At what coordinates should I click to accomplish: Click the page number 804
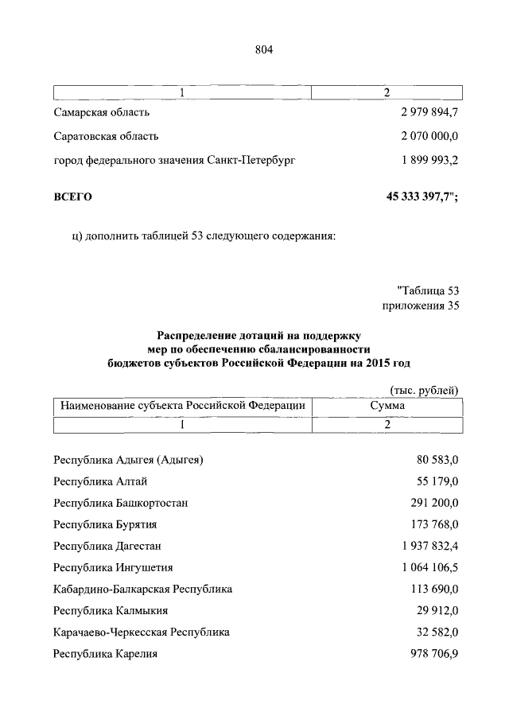tap(263, 50)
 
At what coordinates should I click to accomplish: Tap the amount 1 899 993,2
tap(429, 160)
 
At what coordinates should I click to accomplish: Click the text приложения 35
tap(421, 305)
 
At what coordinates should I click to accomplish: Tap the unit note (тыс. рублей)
tap(424, 389)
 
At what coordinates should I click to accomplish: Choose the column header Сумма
tap(387, 406)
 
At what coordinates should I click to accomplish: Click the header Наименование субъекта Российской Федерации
tap(183, 406)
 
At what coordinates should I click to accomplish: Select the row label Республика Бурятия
tap(105, 524)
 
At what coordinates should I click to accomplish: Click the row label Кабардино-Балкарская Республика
tap(143, 590)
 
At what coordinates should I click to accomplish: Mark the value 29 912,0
tap(436, 611)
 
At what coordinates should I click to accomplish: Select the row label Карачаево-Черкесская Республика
tap(142, 632)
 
